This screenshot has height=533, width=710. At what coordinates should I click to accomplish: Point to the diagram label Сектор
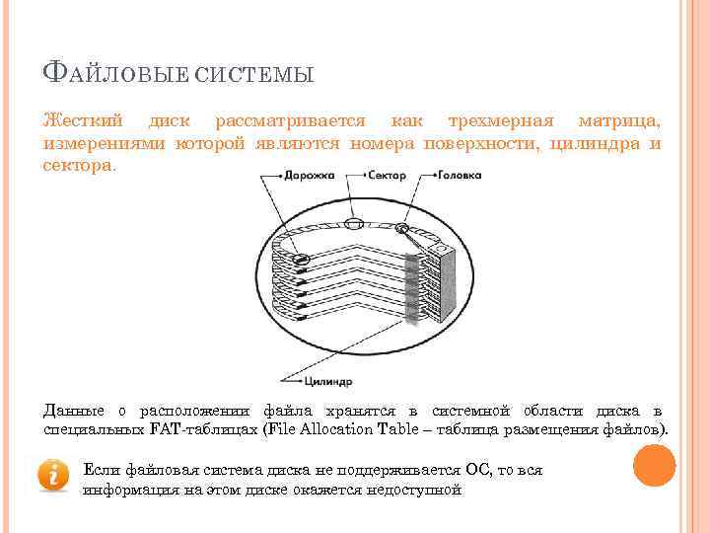[x=386, y=176]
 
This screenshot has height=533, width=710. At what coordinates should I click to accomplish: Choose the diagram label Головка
[x=460, y=176]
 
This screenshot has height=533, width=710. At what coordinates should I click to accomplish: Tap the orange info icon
[x=53, y=474]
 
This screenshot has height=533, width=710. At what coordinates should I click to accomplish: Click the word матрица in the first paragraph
[x=620, y=121]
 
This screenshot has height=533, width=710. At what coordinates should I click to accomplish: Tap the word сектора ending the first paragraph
[x=78, y=167]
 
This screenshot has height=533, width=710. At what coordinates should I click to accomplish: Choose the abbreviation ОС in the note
[x=445, y=469]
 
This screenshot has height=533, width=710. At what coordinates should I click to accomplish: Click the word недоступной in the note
[x=415, y=489]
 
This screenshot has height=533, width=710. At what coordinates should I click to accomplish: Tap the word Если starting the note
[x=101, y=469]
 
